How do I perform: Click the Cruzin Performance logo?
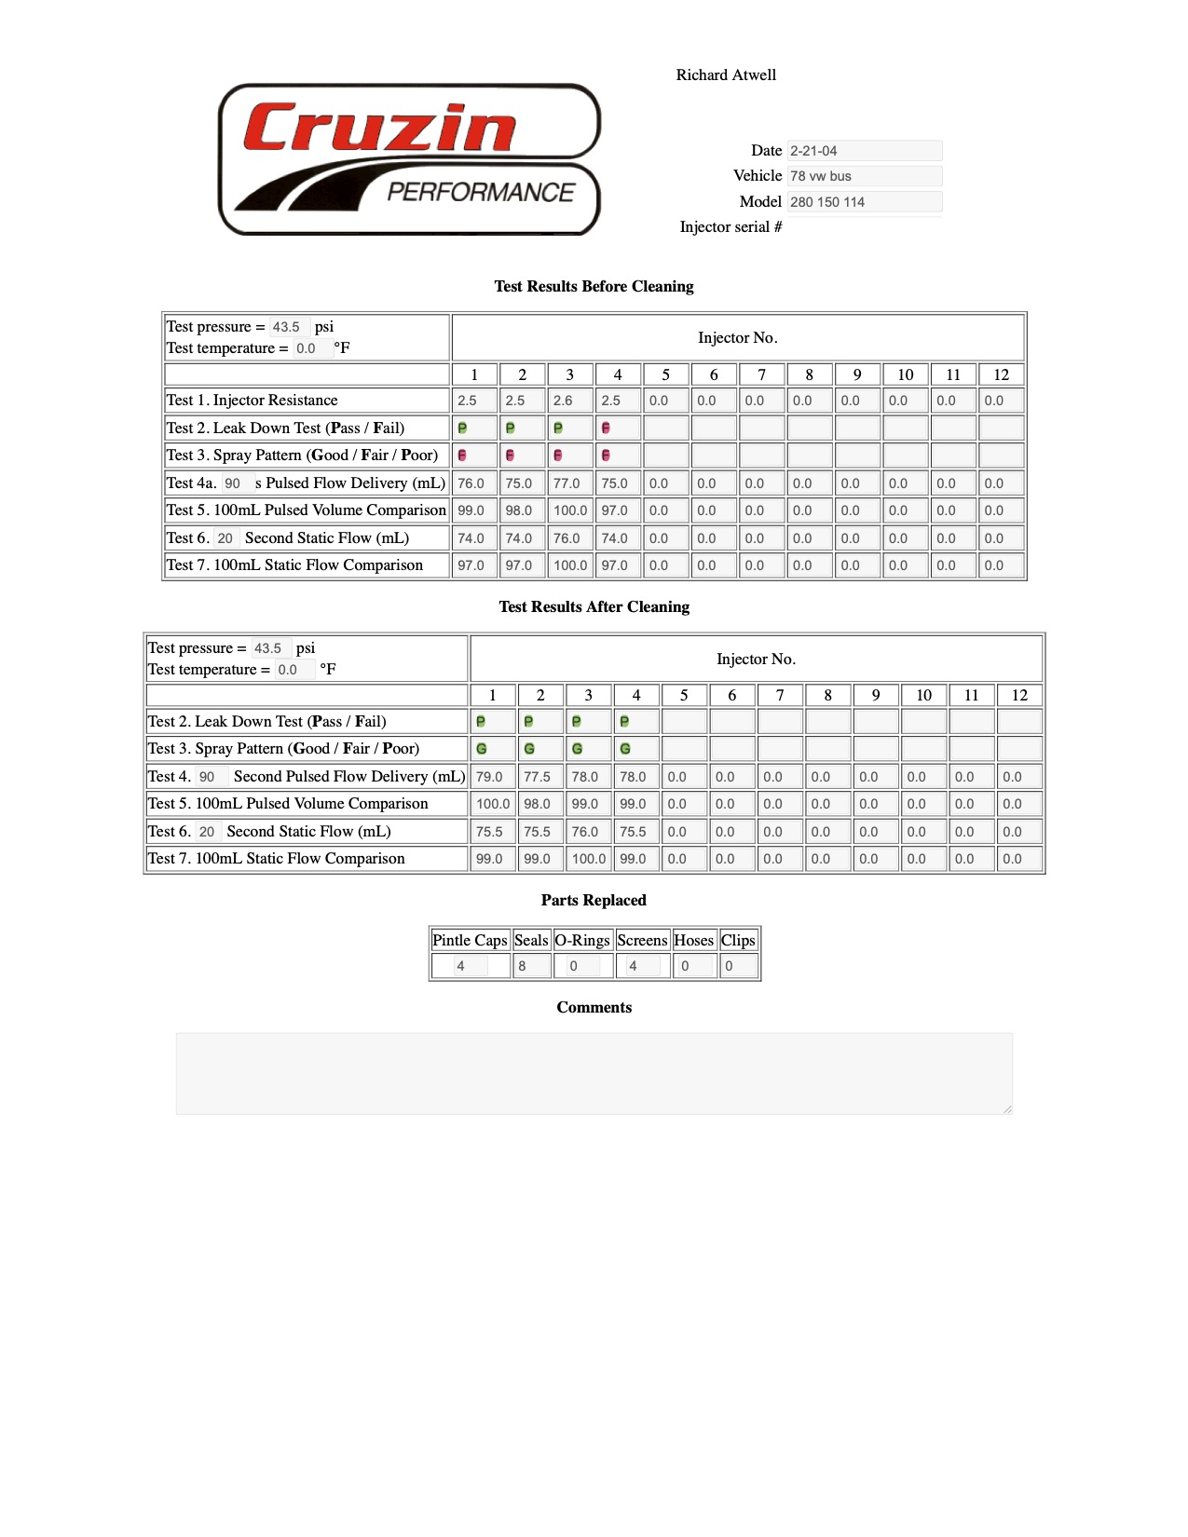[x=409, y=159]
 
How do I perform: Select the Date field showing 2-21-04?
[x=864, y=151]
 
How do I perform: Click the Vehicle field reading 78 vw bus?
[x=864, y=176]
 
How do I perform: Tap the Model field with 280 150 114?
[x=864, y=202]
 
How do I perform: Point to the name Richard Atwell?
[x=726, y=75]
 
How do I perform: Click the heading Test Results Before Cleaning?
[x=594, y=287]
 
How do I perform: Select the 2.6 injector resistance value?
[x=569, y=401]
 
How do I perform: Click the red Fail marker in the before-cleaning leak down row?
[x=607, y=428]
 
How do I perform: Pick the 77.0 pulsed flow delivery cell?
[x=569, y=483]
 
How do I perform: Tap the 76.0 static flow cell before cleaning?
[x=569, y=538]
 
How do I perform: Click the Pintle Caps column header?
[x=470, y=941]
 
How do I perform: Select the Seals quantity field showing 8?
[x=530, y=966]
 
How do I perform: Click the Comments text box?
[x=594, y=1073]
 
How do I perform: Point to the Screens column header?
[x=642, y=941]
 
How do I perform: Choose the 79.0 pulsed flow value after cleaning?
[x=493, y=777]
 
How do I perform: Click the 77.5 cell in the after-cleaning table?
[x=539, y=777]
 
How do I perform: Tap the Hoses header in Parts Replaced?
[x=693, y=941]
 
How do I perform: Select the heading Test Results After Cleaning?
[x=594, y=607]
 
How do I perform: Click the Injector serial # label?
[x=731, y=227]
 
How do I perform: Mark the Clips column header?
[x=738, y=941]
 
